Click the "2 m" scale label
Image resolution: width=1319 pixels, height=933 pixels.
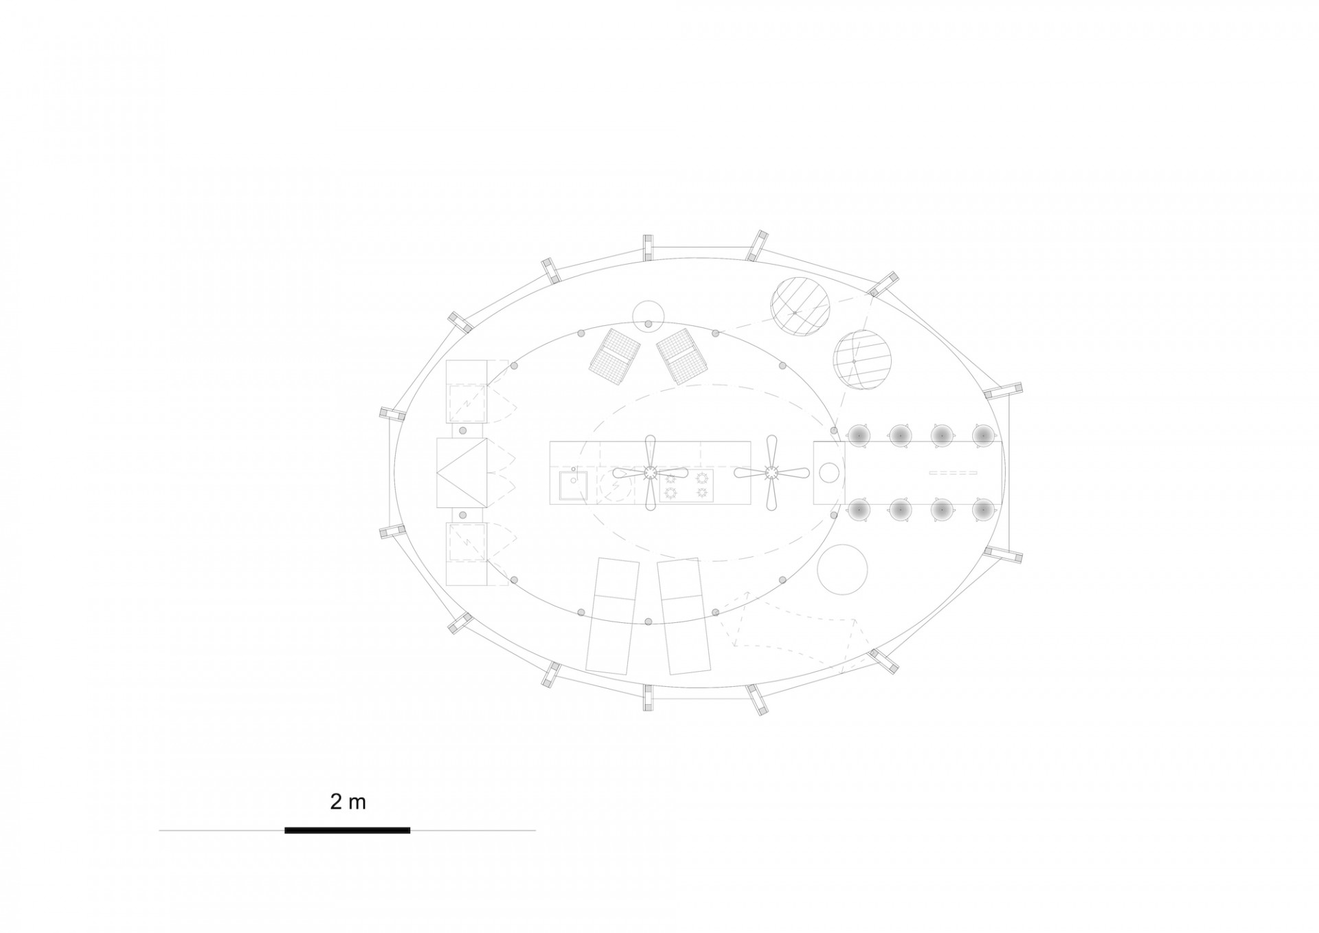pyautogui.click(x=348, y=802)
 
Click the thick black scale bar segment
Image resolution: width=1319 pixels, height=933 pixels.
pyautogui.click(x=348, y=831)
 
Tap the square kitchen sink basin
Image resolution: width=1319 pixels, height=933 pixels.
pyautogui.click(x=572, y=486)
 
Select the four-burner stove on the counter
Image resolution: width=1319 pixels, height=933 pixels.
pyautogui.click(x=686, y=485)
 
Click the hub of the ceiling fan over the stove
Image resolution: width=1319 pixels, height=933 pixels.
pyautogui.click(x=650, y=473)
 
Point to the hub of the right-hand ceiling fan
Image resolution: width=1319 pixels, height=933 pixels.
pyautogui.click(x=771, y=473)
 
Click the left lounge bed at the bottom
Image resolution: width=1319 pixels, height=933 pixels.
pyautogui.click(x=613, y=616)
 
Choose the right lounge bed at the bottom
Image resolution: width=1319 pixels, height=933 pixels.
pyautogui.click(x=684, y=616)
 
